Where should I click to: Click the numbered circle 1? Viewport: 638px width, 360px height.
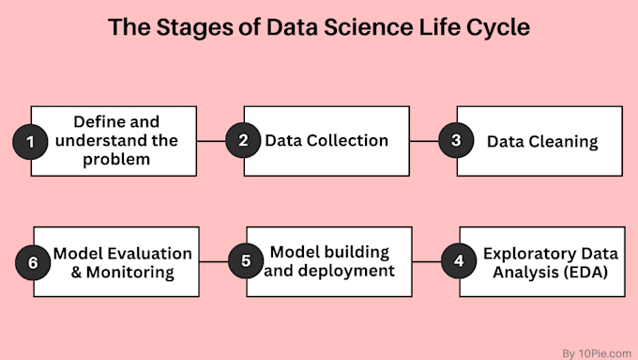click(30, 142)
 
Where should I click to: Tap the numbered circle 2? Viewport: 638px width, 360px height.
click(243, 141)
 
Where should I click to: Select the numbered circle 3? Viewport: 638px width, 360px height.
click(456, 141)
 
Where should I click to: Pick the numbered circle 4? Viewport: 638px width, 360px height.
click(458, 261)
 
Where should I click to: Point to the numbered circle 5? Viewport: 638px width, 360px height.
click(245, 261)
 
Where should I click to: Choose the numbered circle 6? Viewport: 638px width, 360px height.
click(33, 262)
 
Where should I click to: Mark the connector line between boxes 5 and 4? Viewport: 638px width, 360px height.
click(428, 261)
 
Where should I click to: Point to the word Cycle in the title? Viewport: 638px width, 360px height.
click(496, 28)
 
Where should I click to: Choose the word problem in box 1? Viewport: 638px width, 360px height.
click(117, 161)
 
